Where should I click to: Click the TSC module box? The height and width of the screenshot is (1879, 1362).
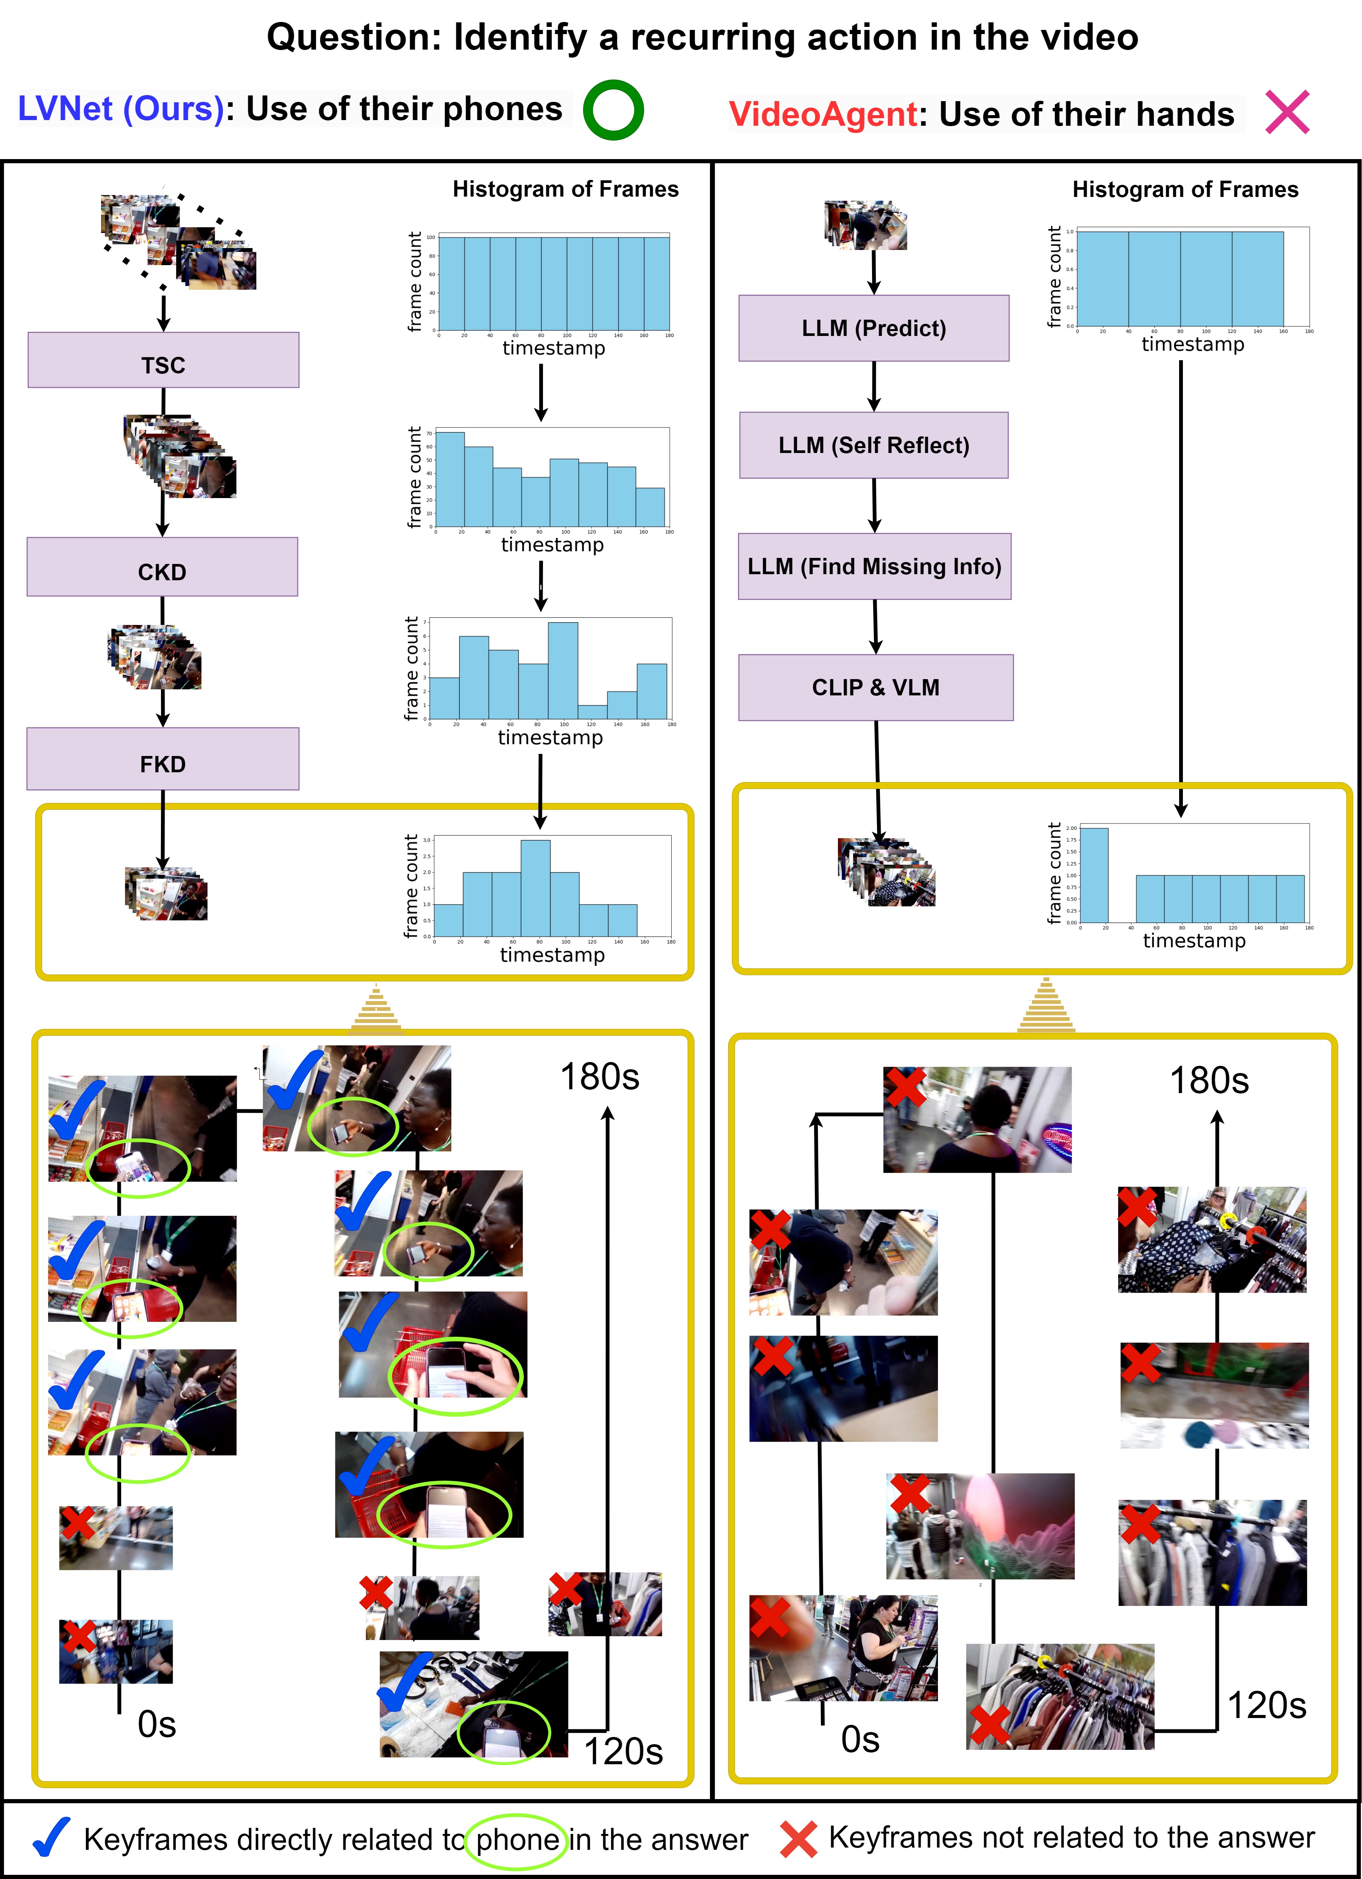point(163,361)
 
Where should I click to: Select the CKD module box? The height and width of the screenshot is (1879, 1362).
point(162,567)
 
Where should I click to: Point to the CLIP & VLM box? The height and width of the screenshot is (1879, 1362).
point(876,688)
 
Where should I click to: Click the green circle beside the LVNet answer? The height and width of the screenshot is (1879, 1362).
point(613,110)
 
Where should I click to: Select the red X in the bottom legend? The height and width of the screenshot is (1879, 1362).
point(798,1839)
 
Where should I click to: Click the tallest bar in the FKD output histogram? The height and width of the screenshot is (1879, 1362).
point(535,888)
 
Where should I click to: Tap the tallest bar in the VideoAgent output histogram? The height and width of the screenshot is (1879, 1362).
point(1094,875)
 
